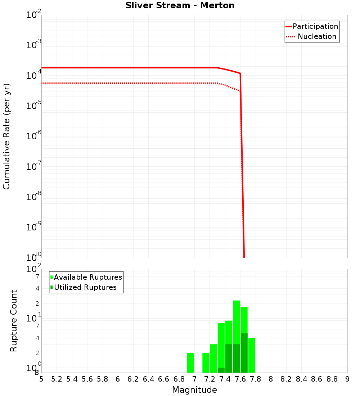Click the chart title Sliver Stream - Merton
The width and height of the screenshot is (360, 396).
(x=180, y=6)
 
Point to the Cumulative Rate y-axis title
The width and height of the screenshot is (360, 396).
(x=6, y=136)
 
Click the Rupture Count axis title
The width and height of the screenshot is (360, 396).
(x=14, y=321)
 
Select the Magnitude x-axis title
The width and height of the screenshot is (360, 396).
(x=194, y=390)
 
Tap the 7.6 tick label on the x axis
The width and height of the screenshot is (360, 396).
(x=240, y=379)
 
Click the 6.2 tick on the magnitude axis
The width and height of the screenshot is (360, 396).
(x=133, y=379)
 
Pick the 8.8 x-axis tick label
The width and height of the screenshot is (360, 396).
(x=332, y=379)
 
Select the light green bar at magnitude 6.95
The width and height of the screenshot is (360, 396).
(x=191, y=363)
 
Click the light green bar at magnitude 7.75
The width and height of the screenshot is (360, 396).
(x=252, y=355)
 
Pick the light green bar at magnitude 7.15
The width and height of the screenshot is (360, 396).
(x=206, y=363)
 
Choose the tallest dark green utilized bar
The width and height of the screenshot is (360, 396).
(x=244, y=353)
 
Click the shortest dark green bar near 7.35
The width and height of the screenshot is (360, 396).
(x=221, y=370)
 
